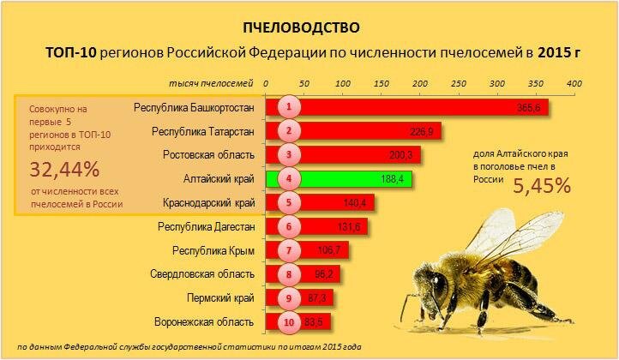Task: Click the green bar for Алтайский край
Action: click(340, 179)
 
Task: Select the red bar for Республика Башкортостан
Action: click(407, 107)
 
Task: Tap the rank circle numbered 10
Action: click(289, 322)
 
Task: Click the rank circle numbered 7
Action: click(289, 250)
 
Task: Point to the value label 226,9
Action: click(421, 131)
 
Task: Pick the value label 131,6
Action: click(349, 227)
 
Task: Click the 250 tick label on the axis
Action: click(459, 84)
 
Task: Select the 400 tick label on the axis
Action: click(574, 84)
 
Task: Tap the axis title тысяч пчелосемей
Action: click(211, 84)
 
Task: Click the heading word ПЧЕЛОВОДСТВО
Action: click(301, 27)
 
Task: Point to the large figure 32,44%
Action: click(64, 170)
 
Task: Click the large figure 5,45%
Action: click(542, 185)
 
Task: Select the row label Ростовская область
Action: click(208, 155)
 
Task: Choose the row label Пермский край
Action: click(220, 298)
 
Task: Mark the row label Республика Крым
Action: click(213, 250)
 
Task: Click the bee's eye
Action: click(438, 284)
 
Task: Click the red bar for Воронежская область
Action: click(298, 322)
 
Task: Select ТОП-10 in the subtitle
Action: click(70, 52)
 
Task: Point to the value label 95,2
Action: click(324, 274)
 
